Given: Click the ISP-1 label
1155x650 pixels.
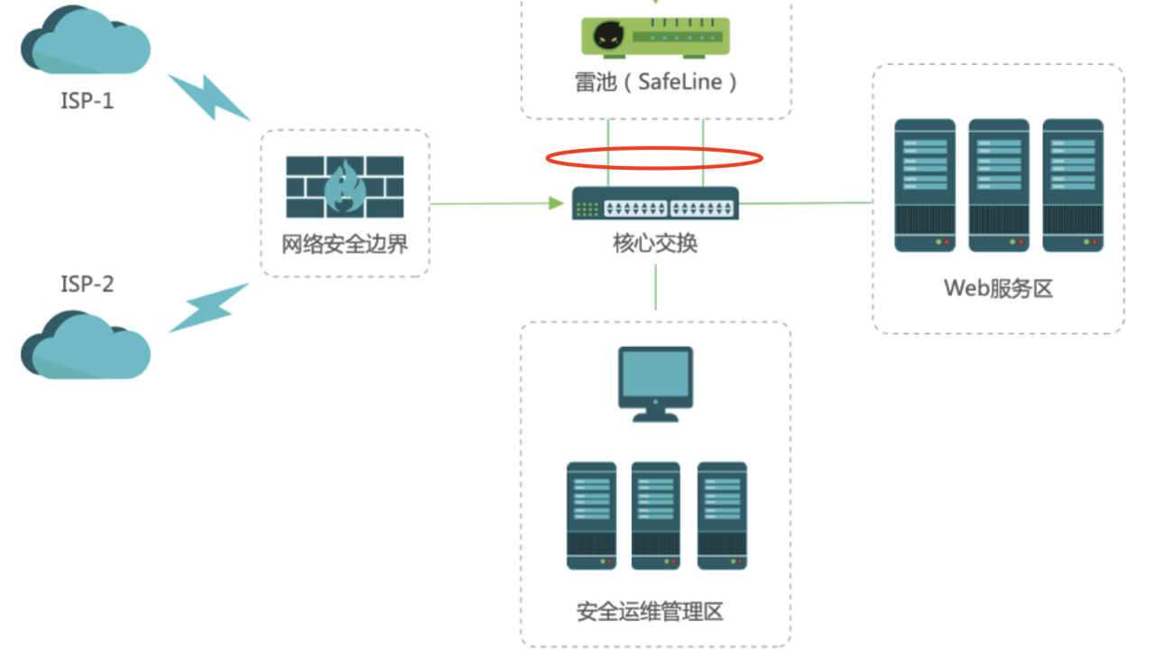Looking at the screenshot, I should tap(87, 100).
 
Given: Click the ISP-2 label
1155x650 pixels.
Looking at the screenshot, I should tap(87, 283).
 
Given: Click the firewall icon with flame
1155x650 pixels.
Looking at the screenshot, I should tap(345, 187).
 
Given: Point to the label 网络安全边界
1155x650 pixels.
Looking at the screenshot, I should tap(345, 244).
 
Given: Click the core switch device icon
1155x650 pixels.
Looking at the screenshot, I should tap(656, 204).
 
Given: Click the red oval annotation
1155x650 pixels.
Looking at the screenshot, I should tap(655, 159).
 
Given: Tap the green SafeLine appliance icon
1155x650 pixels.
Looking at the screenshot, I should tap(656, 36).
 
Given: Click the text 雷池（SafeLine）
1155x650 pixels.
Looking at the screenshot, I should tap(656, 82).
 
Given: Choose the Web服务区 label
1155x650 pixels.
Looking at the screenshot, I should tap(998, 288).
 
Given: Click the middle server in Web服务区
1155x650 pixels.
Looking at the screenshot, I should tap(999, 185).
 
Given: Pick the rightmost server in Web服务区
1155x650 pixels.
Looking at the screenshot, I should tap(1073, 185).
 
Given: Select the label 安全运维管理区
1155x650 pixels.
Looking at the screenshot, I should tap(650, 611).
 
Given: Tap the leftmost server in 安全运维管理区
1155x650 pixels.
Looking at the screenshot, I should tap(591, 515).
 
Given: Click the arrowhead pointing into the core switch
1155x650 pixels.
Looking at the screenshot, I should tap(556, 204).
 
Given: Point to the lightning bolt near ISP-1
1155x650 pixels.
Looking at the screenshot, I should tap(208, 97).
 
